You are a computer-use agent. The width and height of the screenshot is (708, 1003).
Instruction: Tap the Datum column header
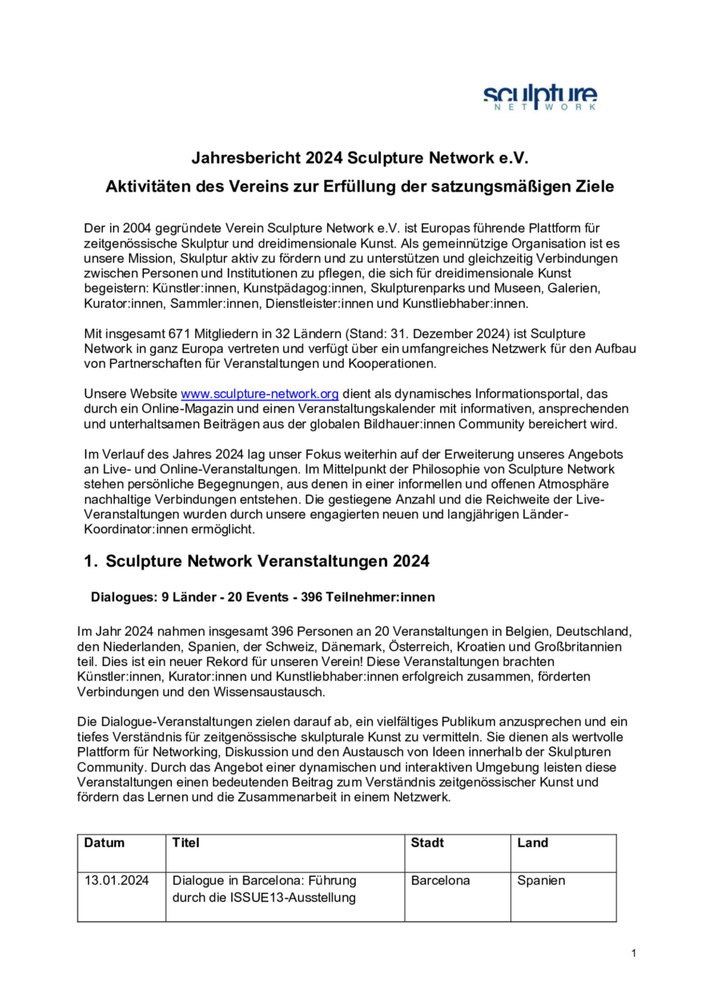104,843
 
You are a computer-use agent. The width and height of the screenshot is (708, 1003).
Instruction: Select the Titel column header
186,843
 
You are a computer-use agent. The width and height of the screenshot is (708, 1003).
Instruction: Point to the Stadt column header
427,843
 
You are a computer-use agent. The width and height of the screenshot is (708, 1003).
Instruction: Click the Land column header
532,843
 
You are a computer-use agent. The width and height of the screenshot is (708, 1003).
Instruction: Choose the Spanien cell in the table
541,880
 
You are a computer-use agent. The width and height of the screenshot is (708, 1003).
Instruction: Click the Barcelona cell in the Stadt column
440,880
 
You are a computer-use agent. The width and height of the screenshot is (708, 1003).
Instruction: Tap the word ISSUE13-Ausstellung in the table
293,898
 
